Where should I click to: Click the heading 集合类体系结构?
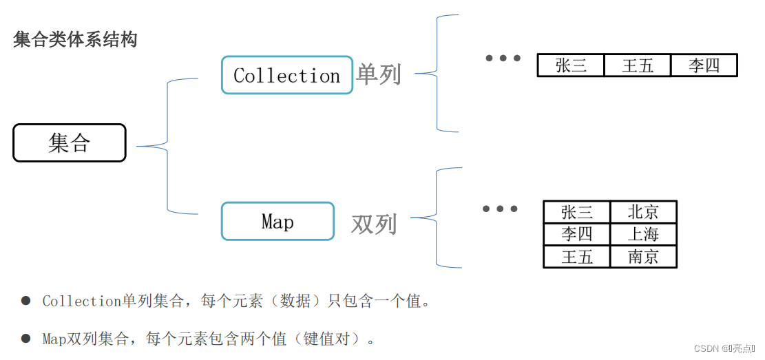click(75, 39)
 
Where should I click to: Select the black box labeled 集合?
click(70, 142)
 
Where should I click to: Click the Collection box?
click(286, 75)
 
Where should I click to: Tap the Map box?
click(277, 221)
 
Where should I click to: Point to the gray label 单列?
click(378, 74)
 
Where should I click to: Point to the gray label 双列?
click(374, 224)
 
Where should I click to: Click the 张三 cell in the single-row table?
click(571, 65)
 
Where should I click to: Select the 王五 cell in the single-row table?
click(637, 65)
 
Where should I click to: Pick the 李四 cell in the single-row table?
click(704, 65)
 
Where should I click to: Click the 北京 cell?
click(643, 212)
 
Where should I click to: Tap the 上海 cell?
click(643, 234)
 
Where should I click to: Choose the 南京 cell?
click(643, 257)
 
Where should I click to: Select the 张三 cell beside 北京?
click(577, 212)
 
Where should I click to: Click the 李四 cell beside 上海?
click(577, 234)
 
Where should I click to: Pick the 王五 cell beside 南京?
click(577, 257)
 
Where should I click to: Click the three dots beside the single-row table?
click(503, 59)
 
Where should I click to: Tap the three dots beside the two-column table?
click(500, 209)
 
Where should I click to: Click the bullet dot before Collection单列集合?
click(26, 301)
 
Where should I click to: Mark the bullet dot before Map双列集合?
click(26, 338)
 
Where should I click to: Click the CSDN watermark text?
click(724, 349)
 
